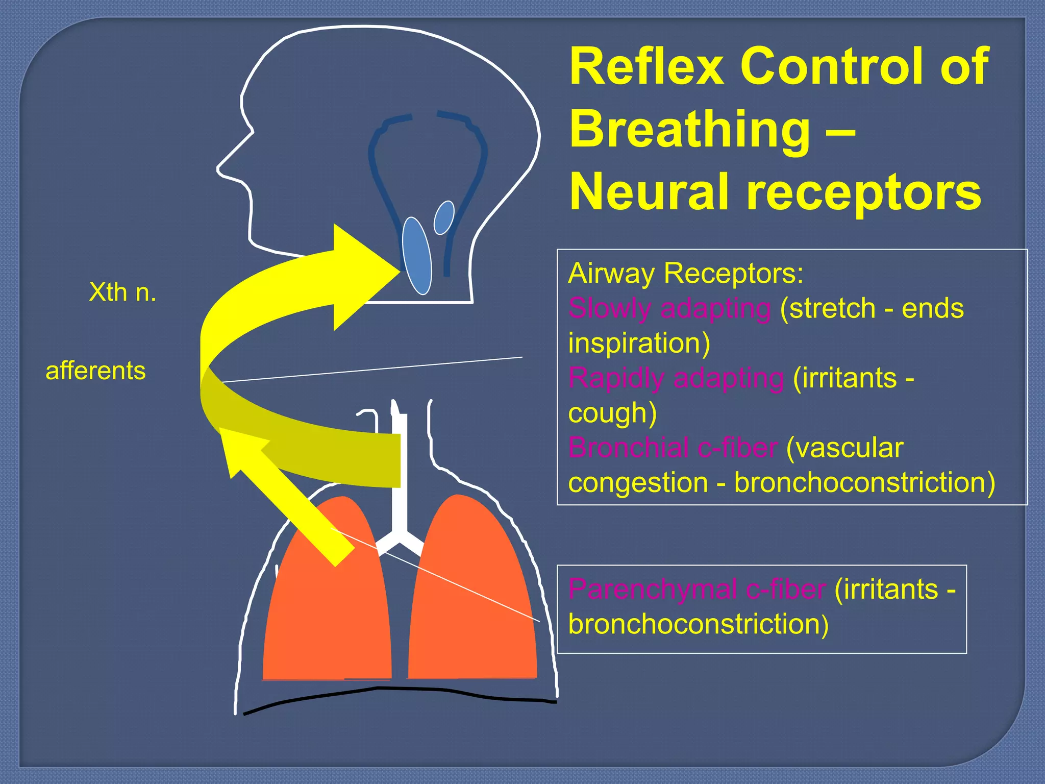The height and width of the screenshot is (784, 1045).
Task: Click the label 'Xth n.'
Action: point(122,292)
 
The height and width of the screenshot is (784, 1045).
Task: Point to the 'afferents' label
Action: point(96,371)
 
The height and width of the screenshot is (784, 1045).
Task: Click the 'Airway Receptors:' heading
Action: point(685,274)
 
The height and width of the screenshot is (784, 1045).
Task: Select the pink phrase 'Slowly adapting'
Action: point(669,309)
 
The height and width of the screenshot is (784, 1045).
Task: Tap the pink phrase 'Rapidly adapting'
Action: point(676,379)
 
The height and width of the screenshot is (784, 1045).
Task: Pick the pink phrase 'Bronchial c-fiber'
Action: point(673,448)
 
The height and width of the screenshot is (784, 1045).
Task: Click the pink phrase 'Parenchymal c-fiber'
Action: point(696,590)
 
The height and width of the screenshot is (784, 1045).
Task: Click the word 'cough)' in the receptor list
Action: point(612,413)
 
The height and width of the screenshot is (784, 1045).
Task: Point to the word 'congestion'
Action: point(637,483)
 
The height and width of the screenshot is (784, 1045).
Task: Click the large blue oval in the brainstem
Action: point(417,256)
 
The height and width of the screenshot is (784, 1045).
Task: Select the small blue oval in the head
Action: point(444,217)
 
